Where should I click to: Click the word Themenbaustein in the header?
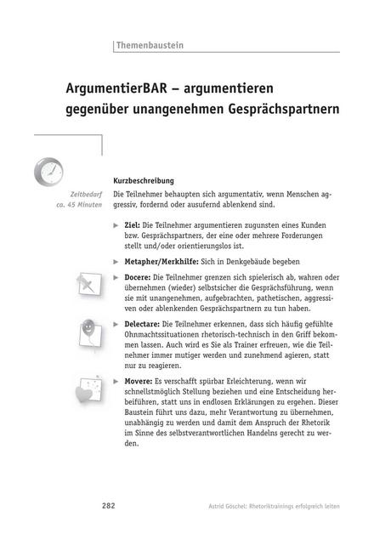point(150,45)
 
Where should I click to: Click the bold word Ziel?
point(133,224)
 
